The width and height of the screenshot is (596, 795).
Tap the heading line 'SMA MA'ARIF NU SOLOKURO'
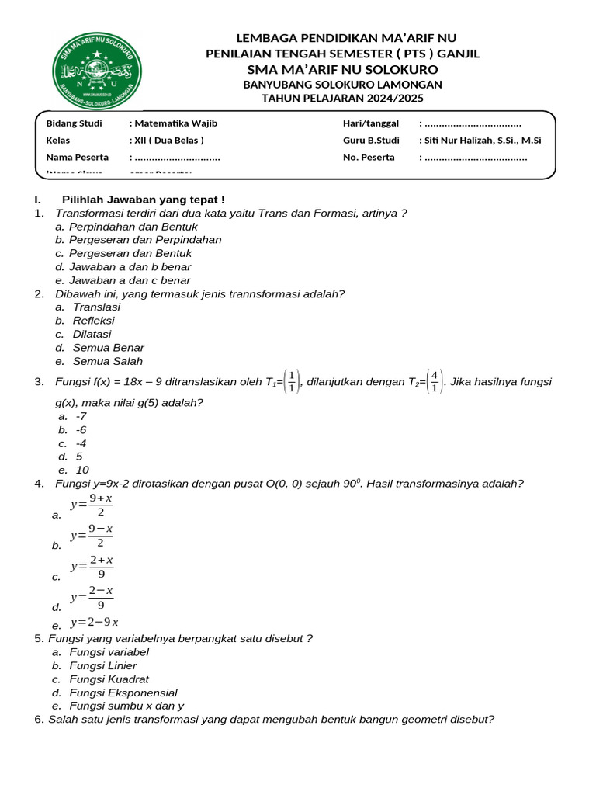point(342,69)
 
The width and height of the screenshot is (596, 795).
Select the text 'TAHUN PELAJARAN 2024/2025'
point(342,99)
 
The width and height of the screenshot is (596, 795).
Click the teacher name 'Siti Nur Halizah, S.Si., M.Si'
point(483,141)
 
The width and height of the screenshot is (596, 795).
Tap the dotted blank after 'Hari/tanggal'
point(473,123)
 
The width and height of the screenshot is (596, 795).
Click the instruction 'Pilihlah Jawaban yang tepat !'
point(143,200)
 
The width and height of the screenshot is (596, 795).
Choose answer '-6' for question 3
point(81,429)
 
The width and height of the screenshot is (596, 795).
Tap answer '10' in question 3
point(82,470)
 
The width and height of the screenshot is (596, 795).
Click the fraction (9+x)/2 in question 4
point(101,505)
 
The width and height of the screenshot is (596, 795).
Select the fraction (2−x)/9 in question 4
point(101,598)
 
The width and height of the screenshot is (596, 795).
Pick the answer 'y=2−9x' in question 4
point(94,623)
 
